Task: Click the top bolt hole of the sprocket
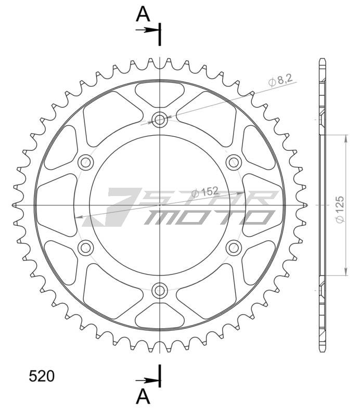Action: coord(160,120)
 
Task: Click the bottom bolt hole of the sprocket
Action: coord(160,290)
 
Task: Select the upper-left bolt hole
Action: coord(85,162)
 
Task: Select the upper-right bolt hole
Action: coord(233,162)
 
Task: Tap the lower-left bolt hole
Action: coord(85,248)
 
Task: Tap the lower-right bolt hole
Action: coord(233,248)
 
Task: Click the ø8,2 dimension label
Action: coord(280,81)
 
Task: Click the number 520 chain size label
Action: coord(42,376)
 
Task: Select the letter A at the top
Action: coord(143,15)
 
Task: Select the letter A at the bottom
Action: coord(143,397)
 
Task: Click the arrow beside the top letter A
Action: coord(149,30)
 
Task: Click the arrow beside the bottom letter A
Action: coord(149,379)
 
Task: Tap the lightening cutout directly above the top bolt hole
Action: coord(160,93)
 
